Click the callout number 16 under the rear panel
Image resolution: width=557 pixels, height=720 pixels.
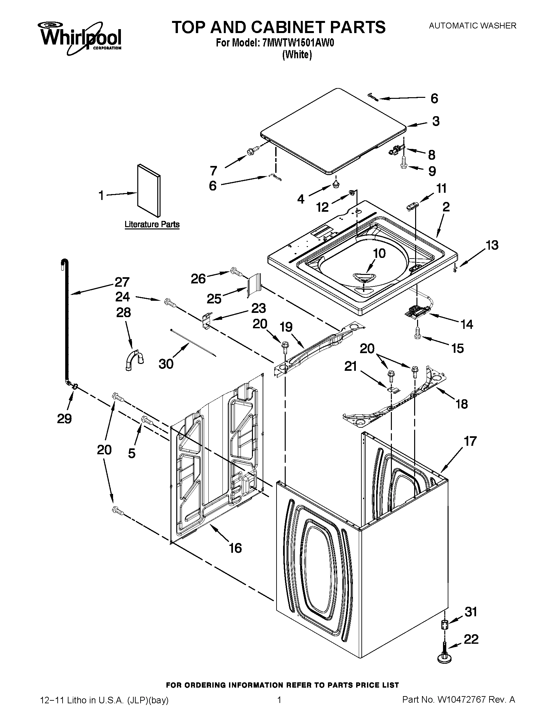235,548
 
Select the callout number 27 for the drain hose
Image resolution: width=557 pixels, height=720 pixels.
122,282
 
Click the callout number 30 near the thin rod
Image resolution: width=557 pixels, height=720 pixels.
166,364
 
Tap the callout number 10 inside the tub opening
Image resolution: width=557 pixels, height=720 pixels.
379,253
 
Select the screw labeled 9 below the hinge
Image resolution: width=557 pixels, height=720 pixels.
404,165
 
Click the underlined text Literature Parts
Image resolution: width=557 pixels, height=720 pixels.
152,225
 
